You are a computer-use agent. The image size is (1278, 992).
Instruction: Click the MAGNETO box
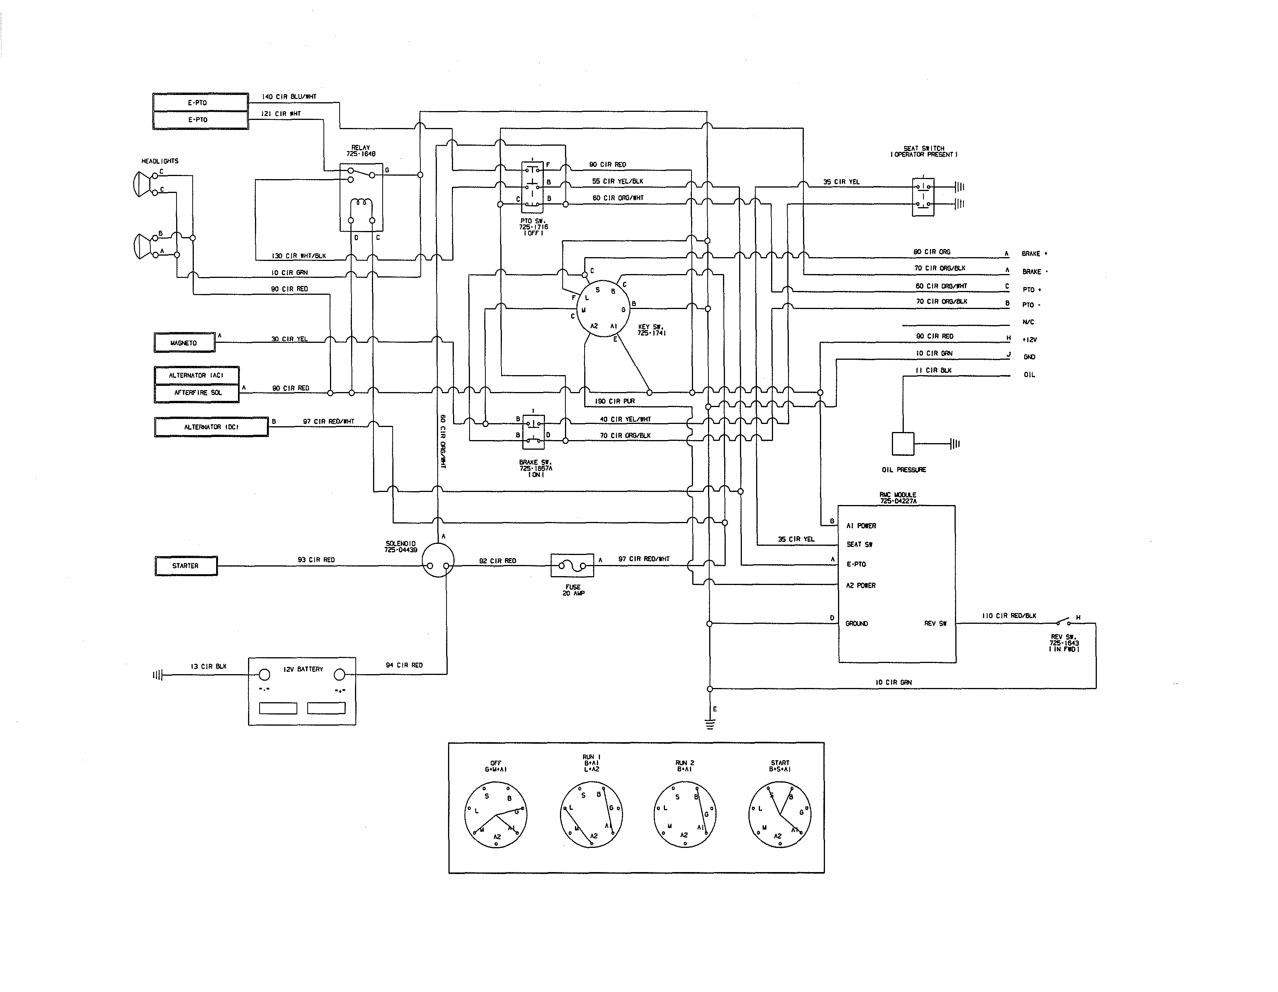pos(184,343)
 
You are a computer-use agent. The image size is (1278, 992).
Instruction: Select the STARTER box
pos(186,566)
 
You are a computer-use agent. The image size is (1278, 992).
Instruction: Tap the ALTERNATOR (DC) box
pos(211,427)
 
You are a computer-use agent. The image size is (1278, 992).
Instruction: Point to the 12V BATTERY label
pos(303,669)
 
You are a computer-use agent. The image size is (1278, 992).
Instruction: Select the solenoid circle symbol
pos(438,560)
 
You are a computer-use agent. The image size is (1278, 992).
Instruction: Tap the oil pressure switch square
pos(903,444)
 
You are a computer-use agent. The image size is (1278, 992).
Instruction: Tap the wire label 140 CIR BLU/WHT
pos(289,96)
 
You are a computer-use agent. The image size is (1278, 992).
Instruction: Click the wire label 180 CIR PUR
pos(615,401)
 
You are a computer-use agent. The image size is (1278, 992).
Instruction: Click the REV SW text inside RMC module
pos(935,623)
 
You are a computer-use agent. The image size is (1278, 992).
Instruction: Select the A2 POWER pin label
pos(861,585)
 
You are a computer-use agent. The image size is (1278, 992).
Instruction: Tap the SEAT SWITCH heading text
pos(924,149)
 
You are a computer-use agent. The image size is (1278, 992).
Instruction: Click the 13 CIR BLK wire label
pos(208,666)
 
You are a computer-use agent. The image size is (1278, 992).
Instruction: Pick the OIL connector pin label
pos(1029,375)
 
